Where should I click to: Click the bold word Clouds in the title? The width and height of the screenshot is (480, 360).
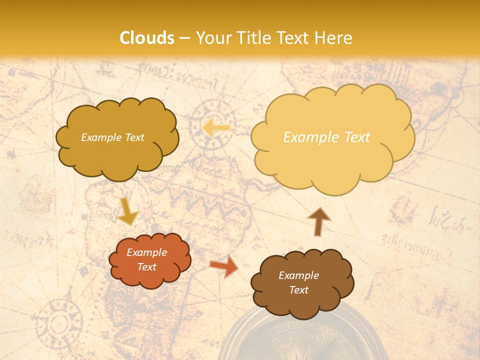pos(147,38)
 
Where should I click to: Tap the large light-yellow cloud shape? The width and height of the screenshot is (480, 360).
pos(332,137)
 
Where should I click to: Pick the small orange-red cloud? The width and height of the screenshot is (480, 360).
pos(149,259)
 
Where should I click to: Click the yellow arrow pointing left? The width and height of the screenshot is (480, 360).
pos(216,127)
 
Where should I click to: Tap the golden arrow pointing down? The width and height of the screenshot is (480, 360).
pos(128,211)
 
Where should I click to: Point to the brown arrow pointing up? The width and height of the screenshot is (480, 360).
pos(318,221)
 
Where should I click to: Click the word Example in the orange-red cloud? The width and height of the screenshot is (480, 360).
pos(146,252)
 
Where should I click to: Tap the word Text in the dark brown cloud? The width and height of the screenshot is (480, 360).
pos(298,290)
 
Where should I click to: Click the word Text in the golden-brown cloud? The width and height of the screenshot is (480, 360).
pos(134,137)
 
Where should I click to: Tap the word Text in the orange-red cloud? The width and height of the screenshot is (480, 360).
pos(146,267)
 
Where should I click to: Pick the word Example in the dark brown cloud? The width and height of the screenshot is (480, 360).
pos(298,275)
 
